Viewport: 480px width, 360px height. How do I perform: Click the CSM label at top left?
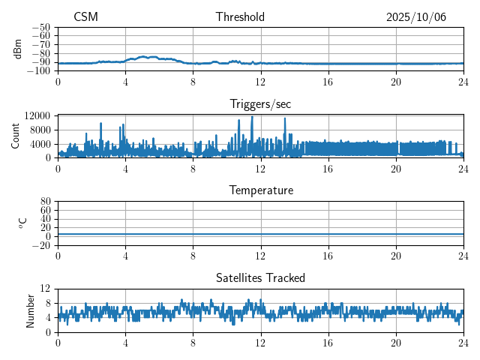point(85,17)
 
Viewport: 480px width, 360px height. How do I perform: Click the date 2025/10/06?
point(416,17)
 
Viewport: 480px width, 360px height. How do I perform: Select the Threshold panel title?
point(240,17)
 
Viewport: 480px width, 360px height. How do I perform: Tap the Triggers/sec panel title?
point(260,103)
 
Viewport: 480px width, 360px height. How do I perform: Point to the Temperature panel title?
point(260,190)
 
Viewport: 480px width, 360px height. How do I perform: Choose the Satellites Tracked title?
point(260,277)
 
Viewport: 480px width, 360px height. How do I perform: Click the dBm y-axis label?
point(18,49)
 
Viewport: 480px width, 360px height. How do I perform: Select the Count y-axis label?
point(16,136)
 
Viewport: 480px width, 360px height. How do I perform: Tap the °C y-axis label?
point(22,223)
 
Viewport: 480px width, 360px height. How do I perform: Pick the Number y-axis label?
point(31,310)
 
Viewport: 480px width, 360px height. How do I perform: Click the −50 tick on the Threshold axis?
point(41,27)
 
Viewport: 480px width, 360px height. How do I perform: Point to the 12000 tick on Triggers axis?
point(37,115)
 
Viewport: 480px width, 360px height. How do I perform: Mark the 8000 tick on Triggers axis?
point(40,130)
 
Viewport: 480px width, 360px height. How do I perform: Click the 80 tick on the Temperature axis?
point(45,202)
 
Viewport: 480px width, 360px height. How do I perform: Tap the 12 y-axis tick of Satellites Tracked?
point(45,289)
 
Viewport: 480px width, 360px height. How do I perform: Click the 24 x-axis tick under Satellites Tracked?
point(463,342)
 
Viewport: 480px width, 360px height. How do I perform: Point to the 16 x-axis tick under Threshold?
point(328,81)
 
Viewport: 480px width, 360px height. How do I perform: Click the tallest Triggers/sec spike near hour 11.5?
point(252,117)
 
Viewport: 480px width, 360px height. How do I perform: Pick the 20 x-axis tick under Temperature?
point(396,255)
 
